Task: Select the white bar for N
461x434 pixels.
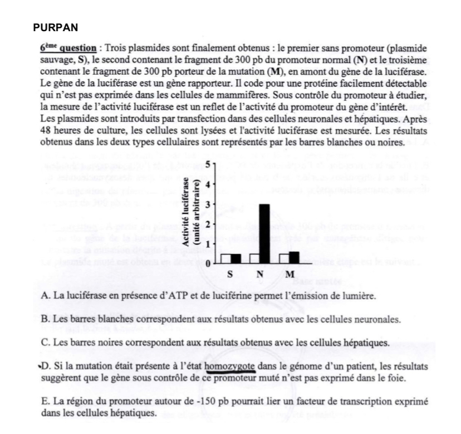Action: click(x=255, y=258)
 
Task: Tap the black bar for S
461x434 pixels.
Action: click(x=236, y=258)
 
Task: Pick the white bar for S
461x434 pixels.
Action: click(x=225, y=258)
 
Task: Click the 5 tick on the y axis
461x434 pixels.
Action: click(x=208, y=165)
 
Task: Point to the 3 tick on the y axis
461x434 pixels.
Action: click(x=208, y=204)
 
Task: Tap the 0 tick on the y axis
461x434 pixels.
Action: click(x=208, y=263)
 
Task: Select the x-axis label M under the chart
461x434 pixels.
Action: click(x=290, y=275)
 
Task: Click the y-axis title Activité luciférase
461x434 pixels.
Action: click(x=187, y=214)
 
